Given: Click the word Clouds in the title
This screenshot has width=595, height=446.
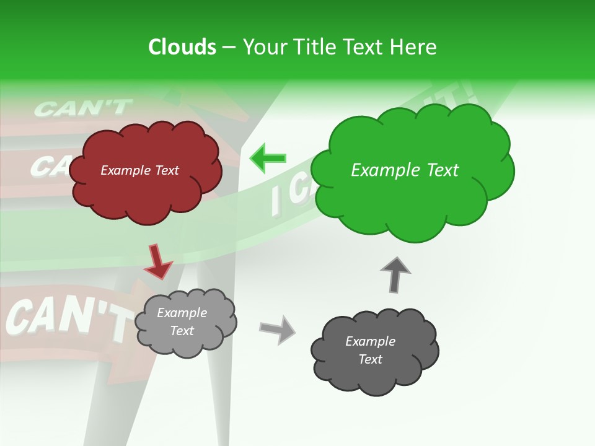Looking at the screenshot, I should (x=182, y=47).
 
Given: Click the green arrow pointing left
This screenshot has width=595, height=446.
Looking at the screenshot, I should (x=268, y=158).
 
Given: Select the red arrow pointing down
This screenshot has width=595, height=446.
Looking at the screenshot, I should (x=158, y=261).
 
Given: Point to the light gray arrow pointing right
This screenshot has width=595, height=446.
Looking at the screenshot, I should (x=277, y=329).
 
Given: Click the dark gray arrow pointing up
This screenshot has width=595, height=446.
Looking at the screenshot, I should (x=395, y=274).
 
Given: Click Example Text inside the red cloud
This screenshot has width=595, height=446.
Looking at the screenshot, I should (x=139, y=170).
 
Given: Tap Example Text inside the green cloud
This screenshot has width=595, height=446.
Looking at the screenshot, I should (x=405, y=170).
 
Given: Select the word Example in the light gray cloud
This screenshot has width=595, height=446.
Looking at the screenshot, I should (x=182, y=313).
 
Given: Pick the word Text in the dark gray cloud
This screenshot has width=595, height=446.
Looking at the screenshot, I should (x=370, y=359).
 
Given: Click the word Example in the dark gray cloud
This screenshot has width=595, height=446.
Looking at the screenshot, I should (x=370, y=341).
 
